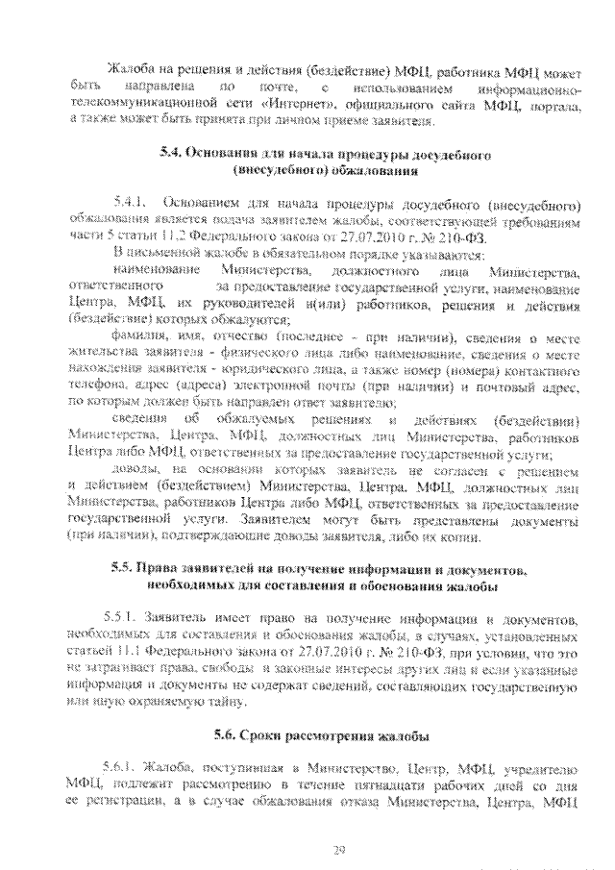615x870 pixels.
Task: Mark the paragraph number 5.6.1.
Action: pos(119,767)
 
